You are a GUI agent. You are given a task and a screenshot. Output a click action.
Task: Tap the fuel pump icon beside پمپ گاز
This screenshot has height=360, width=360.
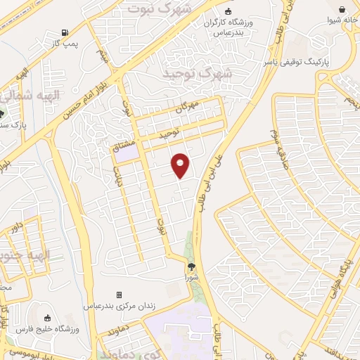[x=65, y=32]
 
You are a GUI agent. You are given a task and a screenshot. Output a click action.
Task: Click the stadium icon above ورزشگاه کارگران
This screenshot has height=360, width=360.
[x=228, y=11]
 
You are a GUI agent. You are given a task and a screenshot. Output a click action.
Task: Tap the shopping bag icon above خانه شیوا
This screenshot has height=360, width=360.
[x=342, y=10]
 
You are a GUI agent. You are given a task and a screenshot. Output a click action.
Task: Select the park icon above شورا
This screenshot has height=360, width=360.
[x=191, y=266]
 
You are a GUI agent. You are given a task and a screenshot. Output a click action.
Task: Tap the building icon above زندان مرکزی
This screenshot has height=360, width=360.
[x=119, y=295]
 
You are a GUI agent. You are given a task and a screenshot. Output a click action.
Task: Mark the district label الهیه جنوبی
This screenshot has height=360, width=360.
[x=15, y=255]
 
